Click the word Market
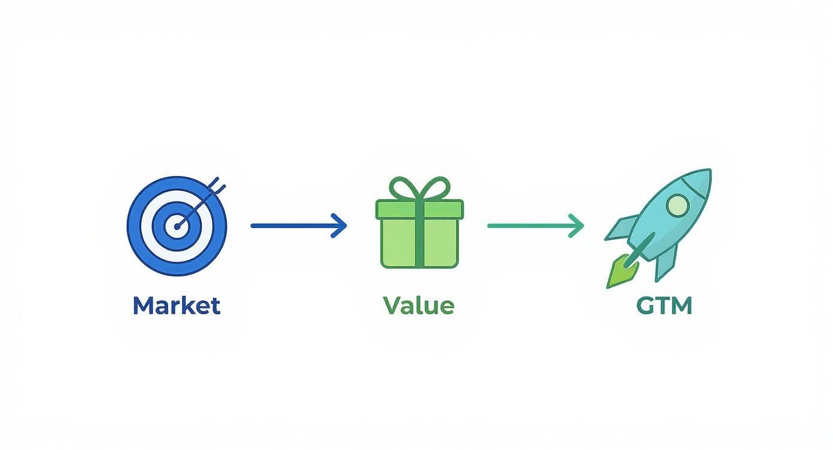coord(177,306)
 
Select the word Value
coord(419,306)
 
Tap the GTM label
coord(664,306)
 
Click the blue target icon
coord(177,226)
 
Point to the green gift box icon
coord(419,223)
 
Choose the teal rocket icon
coord(658,227)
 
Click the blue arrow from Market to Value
coord(299,226)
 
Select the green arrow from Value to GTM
coord(536,226)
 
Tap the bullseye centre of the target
coord(177,226)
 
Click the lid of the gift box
coord(419,209)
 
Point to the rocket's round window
coord(677,205)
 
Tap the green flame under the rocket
coord(622,272)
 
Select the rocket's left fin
coord(621,227)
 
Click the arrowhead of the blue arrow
coord(339,226)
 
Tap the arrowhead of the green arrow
coord(576,226)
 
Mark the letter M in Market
coord(144,306)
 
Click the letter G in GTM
coord(646,306)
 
